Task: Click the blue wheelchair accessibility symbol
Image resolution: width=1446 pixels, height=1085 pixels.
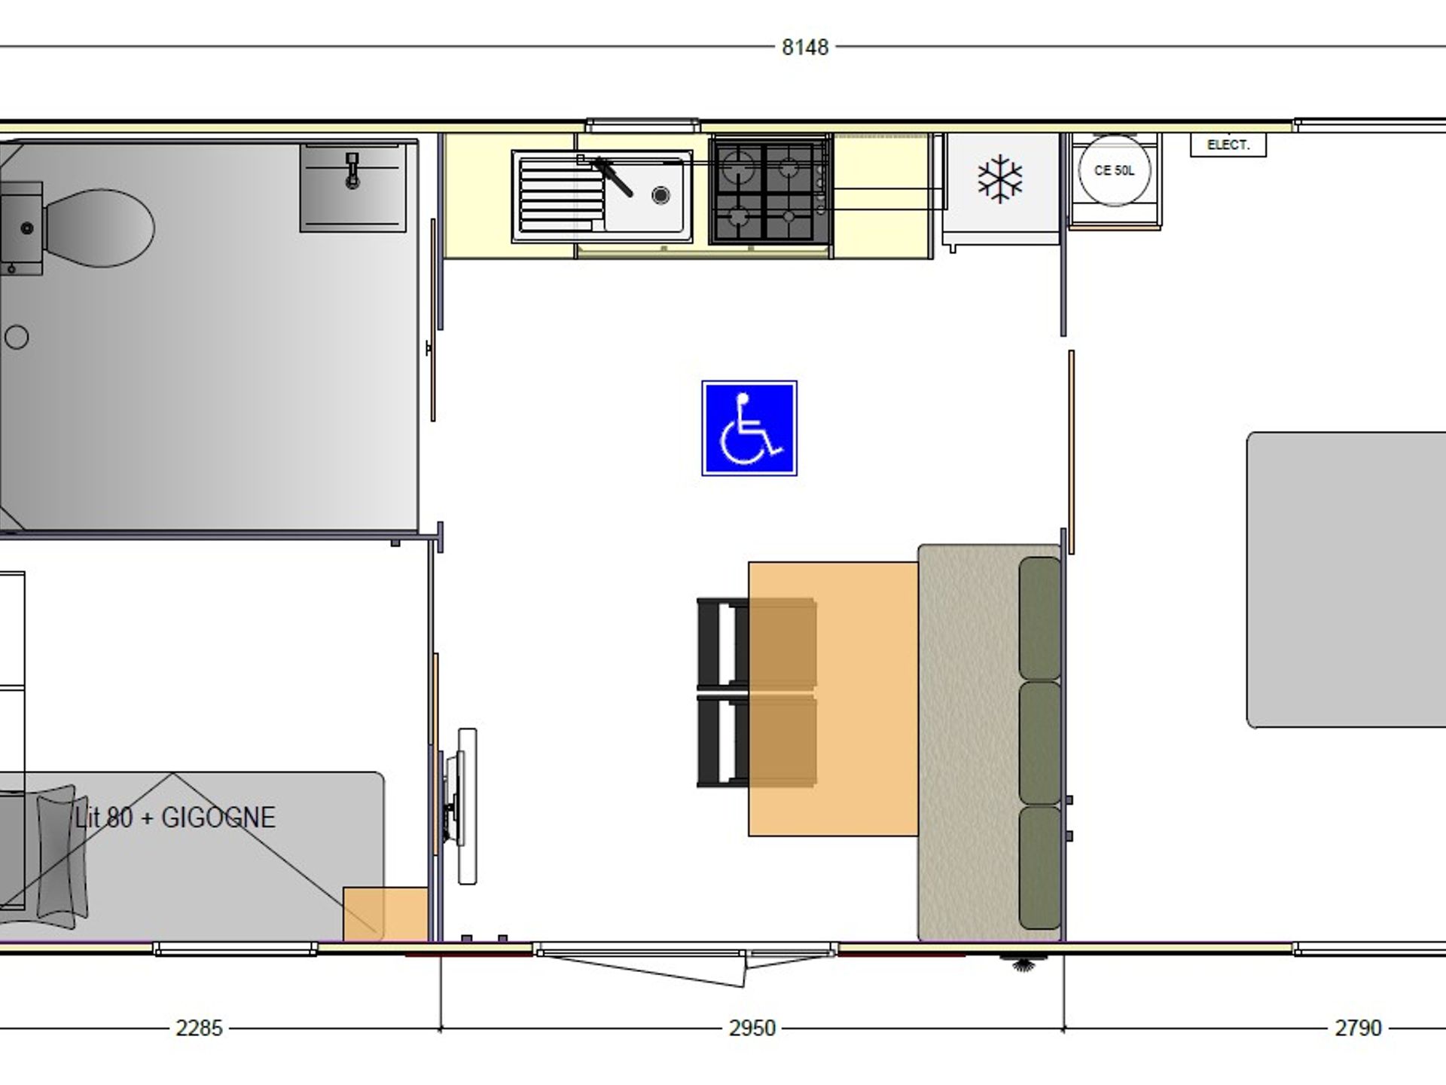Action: point(749,428)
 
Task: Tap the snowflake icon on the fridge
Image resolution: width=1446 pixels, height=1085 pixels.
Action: point(1000,179)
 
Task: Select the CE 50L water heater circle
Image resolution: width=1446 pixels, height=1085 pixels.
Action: point(1115,170)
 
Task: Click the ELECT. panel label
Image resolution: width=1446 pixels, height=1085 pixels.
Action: point(1228,145)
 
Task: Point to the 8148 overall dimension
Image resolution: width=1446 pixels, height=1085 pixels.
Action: point(805,47)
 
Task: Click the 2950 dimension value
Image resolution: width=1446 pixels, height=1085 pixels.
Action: point(752,1028)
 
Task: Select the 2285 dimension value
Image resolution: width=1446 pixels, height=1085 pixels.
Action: point(200,1028)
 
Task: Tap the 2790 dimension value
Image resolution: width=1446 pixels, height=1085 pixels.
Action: point(1359,1028)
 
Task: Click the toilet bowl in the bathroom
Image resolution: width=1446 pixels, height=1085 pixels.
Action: point(98,228)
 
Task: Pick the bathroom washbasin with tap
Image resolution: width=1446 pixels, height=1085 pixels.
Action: point(353,187)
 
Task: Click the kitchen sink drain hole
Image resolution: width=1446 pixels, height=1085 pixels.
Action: point(660,196)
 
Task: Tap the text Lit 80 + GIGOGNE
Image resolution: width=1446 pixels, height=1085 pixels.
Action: point(175,818)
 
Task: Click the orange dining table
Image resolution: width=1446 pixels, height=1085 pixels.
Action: point(833,699)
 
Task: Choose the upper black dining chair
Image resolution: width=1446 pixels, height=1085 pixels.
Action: point(756,643)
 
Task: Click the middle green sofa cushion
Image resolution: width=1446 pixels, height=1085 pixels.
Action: point(1040,743)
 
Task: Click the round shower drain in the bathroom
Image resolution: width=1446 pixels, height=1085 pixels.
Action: point(17,337)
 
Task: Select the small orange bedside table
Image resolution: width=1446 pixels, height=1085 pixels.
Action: point(386,914)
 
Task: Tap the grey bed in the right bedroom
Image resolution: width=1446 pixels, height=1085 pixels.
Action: point(1347,580)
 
